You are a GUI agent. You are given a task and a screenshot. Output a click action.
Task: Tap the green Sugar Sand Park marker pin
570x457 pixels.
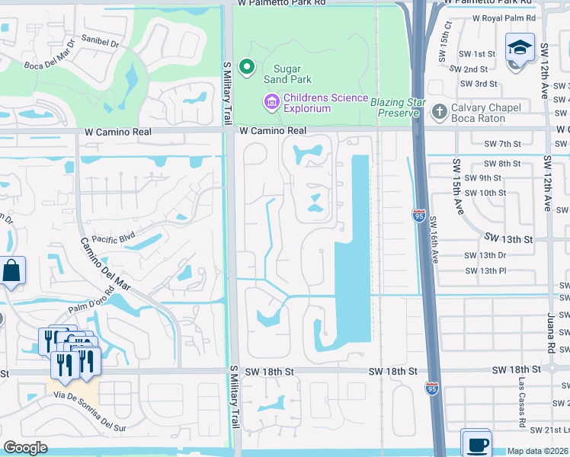(246, 68)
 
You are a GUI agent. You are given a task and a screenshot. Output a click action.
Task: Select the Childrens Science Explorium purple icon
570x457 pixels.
(271, 101)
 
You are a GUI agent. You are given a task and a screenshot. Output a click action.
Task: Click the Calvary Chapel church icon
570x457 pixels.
(439, 112)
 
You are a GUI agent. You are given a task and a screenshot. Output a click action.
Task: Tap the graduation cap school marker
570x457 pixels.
(520, 48)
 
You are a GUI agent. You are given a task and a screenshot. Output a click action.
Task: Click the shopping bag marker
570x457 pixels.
(12, 271)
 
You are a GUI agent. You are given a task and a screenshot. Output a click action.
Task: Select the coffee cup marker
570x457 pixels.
(476, 444)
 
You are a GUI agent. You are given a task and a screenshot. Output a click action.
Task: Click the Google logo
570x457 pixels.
(25, 448)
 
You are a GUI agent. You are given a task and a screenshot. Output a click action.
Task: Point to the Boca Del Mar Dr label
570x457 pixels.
(50, 66)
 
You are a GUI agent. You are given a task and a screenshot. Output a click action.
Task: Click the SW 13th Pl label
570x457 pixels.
(485, 270)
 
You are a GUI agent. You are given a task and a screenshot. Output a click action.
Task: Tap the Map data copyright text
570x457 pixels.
(538, 451)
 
